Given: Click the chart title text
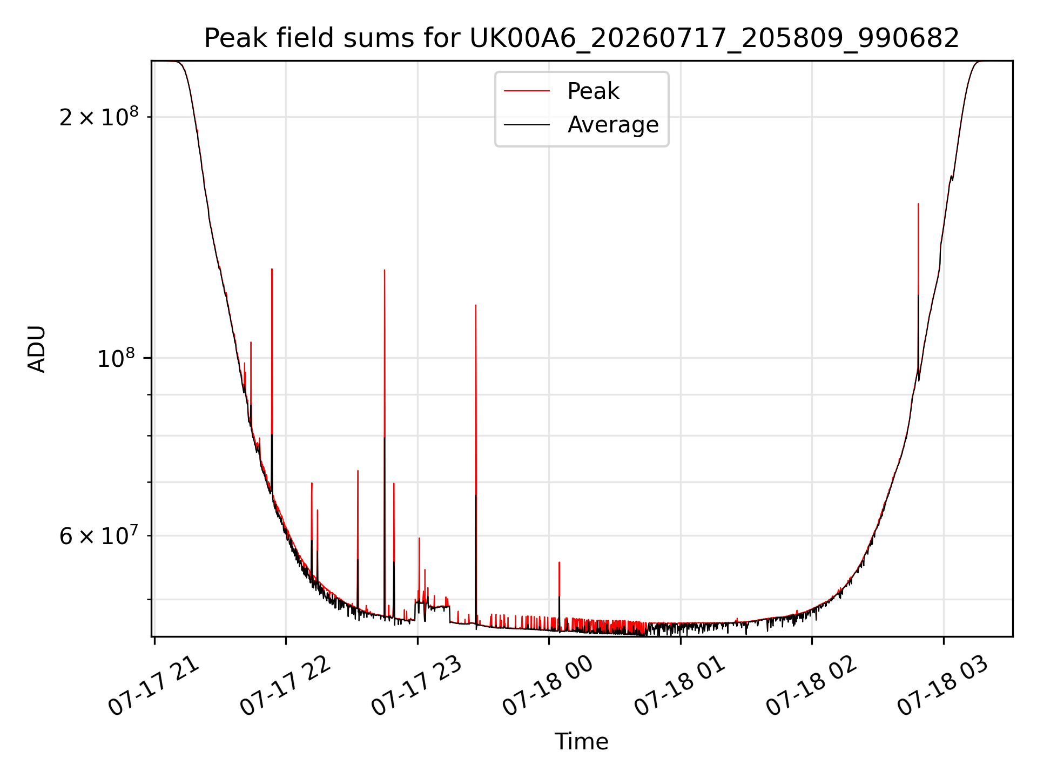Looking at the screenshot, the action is pos(582,38).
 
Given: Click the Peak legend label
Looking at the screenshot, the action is pos(593,91).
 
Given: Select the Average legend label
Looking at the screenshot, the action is pos(613,125).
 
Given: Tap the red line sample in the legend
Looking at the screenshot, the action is pos(527,91).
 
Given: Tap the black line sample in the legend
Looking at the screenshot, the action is pos(527,125).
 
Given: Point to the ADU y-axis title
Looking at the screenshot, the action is pos(37,349).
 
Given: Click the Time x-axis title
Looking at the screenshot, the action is pos(582,742).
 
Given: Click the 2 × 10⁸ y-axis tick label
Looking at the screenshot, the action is pos(99,116).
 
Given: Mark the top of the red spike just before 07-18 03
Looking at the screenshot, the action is pos(918,204).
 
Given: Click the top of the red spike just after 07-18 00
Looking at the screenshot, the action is pos(559,562).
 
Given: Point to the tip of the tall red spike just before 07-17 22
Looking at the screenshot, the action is pos(272,269).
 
